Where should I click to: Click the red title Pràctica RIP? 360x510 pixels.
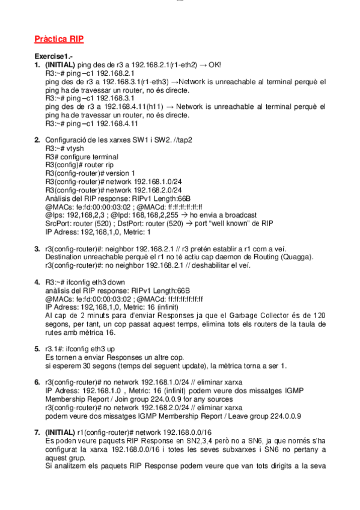coord(59,39)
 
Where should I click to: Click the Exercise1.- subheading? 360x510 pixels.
coord(52,56)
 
